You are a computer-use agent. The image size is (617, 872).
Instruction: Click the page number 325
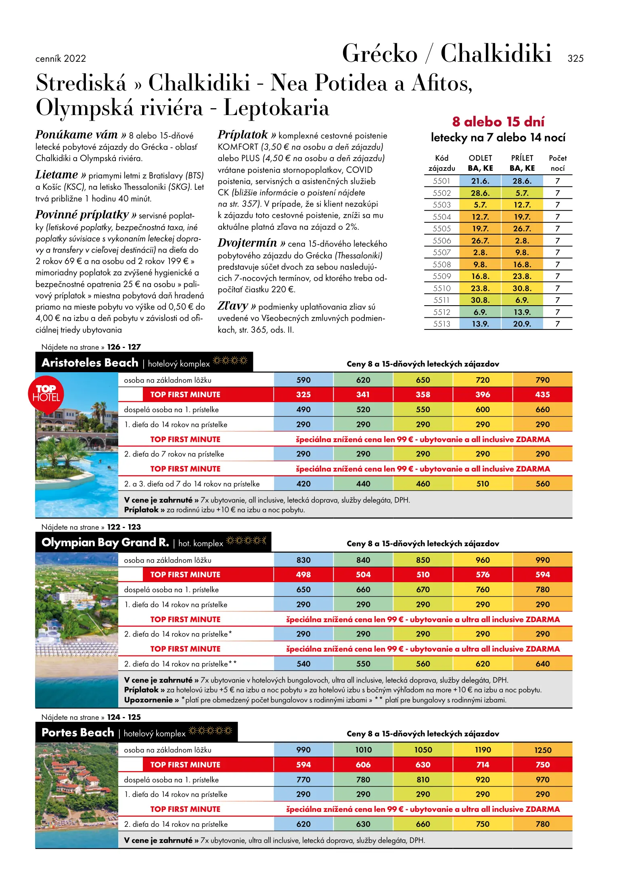(575, 59)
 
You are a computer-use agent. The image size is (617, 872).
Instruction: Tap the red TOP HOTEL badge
(46, 394)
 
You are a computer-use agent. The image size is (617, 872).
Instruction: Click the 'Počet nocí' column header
(557, 163)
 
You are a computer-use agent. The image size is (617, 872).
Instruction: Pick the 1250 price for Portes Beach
(542, 750)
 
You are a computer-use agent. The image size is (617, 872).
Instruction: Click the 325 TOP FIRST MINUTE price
(303, 394)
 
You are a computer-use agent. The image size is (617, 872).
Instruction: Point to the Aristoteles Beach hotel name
(90, 363)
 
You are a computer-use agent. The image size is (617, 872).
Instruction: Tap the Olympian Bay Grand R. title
(105, 542)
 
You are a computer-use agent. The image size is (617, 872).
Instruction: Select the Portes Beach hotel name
(78, 732)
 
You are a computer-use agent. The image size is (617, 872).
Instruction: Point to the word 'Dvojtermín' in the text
(247, 243)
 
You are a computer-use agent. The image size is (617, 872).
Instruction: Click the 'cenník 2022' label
(61, 59)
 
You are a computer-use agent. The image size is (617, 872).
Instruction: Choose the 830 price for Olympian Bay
(303, 560)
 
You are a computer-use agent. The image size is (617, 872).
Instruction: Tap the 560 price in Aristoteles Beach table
(542, 484)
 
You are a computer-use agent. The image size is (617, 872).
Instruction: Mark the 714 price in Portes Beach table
(483, 765)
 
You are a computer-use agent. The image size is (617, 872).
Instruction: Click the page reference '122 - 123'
(124, 527)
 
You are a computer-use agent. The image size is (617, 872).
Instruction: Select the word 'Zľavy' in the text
(232, 306)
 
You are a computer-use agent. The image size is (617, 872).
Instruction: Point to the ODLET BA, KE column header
(480, 163)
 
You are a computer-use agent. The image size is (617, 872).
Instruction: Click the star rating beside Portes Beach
(210, 731)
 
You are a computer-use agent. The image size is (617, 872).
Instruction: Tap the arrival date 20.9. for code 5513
(522, 324)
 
